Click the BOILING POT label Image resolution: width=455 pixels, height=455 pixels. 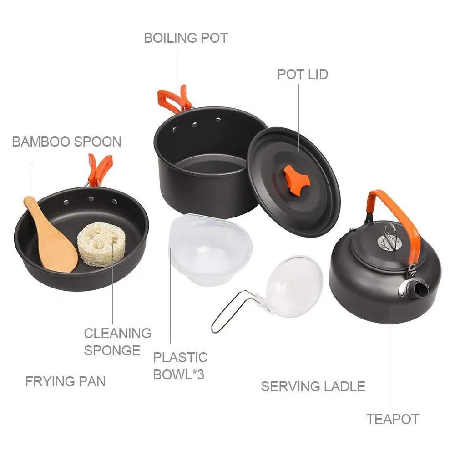(186, 38)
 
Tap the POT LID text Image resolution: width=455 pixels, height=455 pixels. (303, 74)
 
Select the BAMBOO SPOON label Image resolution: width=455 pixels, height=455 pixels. (66, 142)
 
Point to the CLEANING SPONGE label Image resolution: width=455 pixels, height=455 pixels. (117, 341)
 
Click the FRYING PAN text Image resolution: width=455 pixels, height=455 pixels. (66, 381)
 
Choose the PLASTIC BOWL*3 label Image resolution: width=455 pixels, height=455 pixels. (180, 366)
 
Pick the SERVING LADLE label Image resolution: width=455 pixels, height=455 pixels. (313, 387)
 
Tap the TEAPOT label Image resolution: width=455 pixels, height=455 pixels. (393, 419)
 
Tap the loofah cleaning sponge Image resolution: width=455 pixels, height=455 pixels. (101, 244)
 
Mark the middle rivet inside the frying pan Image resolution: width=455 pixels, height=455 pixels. (91, 199)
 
